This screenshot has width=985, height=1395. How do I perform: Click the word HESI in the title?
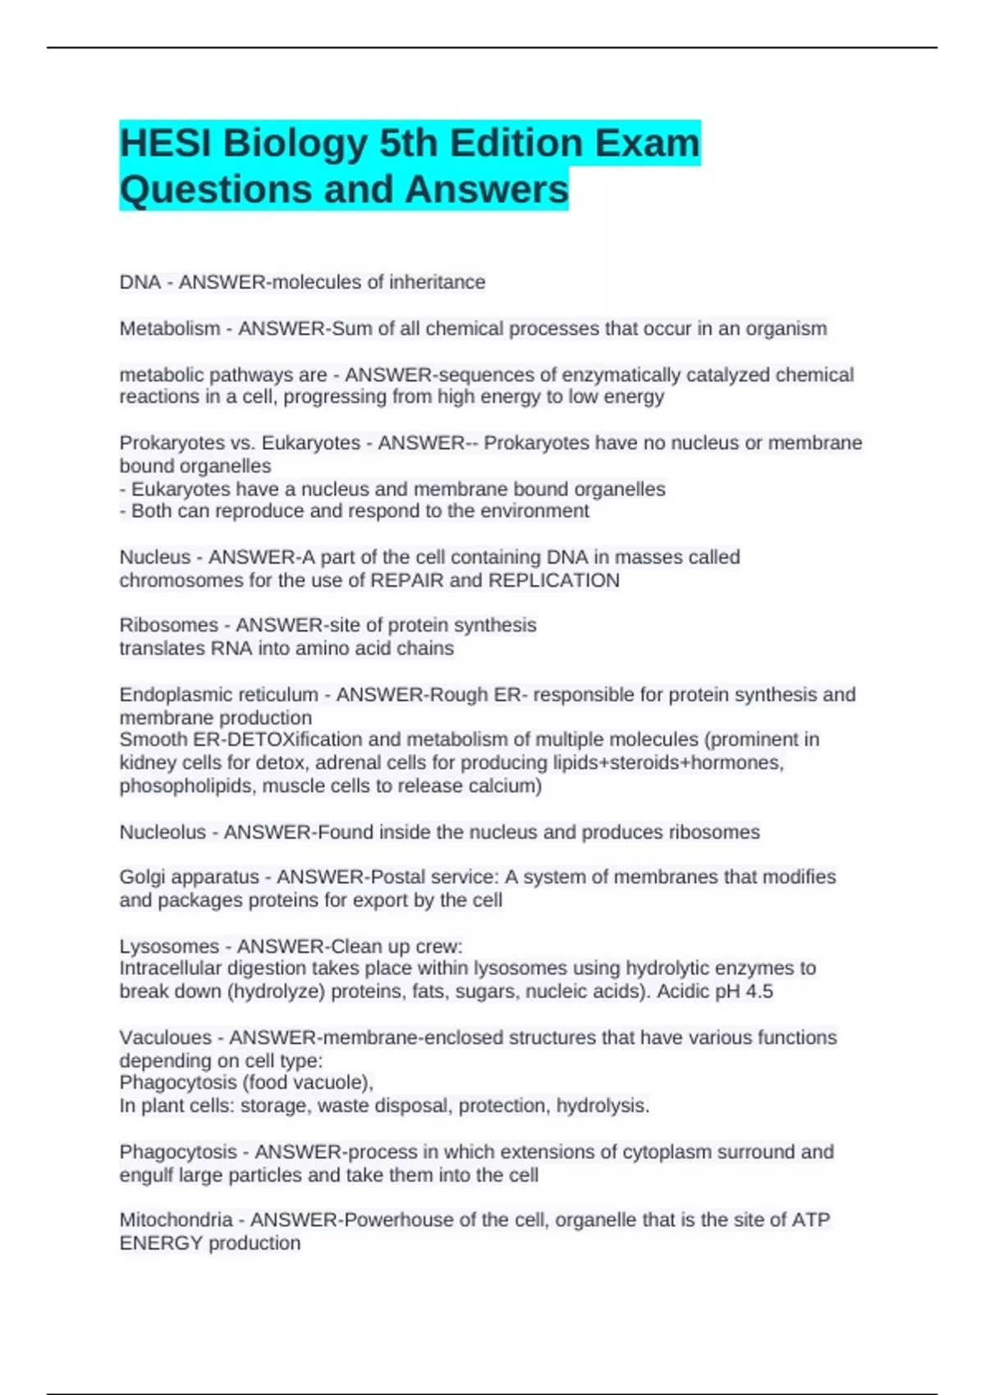pyautogui.click(x=166, y=144)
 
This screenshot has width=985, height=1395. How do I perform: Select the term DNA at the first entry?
pyautogui.click(x=140, y=282)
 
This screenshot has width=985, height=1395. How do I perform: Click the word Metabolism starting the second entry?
pyautogui.click(x=170, y=329)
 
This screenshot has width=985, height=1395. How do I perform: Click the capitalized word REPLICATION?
pyautogui.click(x=554, y=581)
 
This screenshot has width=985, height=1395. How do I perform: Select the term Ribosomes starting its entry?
pyautogui.click(x=168, y=625)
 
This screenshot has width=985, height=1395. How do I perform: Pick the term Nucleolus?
pyautogui.click(x=163, y=832)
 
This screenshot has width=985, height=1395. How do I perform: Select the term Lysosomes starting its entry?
pyautogui.click(x=169, y=946)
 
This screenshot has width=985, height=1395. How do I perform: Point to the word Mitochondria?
pyautogui.click(x=176, y=1220)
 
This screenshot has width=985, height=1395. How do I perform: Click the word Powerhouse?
pyautogui.click(x=395, y=1220)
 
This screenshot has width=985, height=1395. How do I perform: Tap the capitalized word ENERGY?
pyautogui.click(x=161, y=1243)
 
